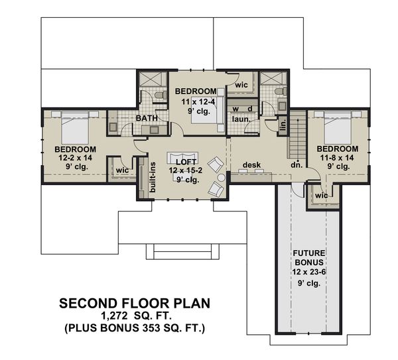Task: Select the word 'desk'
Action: [x=250, y=164]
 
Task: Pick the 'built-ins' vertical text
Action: [x=153, y=178]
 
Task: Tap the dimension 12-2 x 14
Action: [x=75, y=158]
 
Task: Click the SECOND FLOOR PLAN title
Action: [x=135, y=304]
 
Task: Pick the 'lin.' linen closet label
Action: [x=283, y=124]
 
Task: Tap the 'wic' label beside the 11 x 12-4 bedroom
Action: [x=241, y=85]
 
